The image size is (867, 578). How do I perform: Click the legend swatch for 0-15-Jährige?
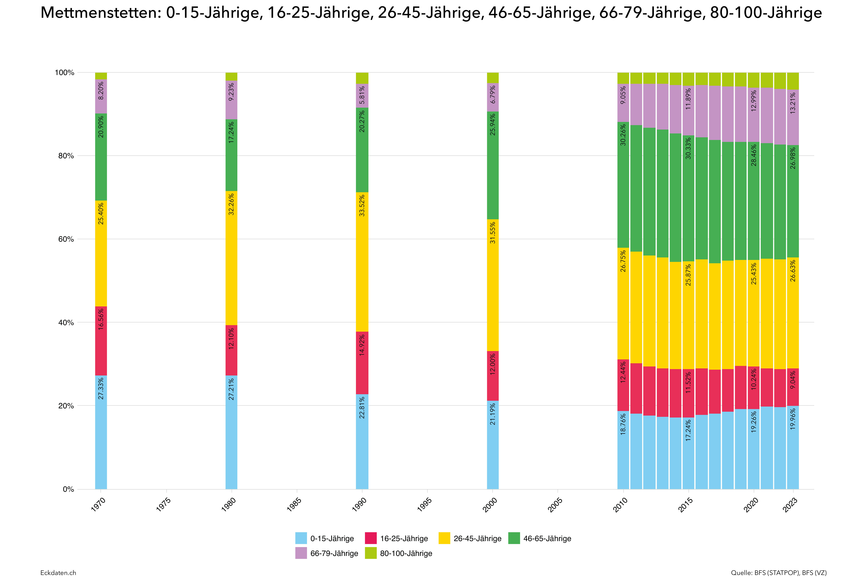click(x=301, y=538)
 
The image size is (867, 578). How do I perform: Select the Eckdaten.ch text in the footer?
click(x=58, y=572)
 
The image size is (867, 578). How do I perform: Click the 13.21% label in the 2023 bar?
click(x=793, y=103)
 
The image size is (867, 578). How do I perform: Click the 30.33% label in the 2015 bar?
click(x=688, y=148)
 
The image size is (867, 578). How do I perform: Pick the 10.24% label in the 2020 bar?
click(x=754, y=379)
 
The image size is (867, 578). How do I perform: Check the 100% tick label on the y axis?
click(x=65, y=73)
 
